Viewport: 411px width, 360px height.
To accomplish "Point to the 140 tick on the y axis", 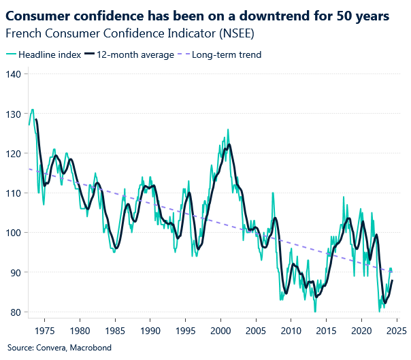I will (14, 73).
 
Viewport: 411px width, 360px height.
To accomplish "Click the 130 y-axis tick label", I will (14, 113).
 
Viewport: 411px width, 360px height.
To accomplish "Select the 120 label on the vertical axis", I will (14, 153).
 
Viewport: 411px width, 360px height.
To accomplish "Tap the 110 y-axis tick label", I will (14, 193).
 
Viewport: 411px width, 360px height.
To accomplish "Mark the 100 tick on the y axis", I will (14, 233).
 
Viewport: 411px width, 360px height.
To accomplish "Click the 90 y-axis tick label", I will (16, 272).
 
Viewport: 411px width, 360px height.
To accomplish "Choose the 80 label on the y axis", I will (16, 312).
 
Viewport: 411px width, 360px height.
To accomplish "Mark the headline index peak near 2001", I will (228, 129).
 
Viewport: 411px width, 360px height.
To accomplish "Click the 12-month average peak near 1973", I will (36, 120).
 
